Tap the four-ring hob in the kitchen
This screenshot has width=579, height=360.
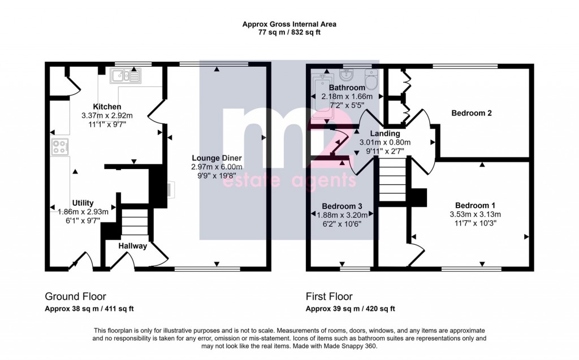pos(59,147)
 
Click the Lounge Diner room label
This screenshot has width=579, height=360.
pos(216,158)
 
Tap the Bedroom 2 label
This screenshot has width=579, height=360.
pos(471,113)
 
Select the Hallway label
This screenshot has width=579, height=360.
pos(133,246)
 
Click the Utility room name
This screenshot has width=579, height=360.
pos(83,203)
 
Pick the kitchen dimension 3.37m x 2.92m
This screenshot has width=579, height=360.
pos(107,115)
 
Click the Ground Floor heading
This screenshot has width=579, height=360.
pos(75,296)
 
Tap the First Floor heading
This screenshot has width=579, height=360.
pos(329,296)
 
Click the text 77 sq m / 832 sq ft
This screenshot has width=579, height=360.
pos(289,33)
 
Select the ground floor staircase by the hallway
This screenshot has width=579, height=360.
pos(135,222)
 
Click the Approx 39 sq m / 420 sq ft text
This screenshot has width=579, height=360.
pos(350,309)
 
